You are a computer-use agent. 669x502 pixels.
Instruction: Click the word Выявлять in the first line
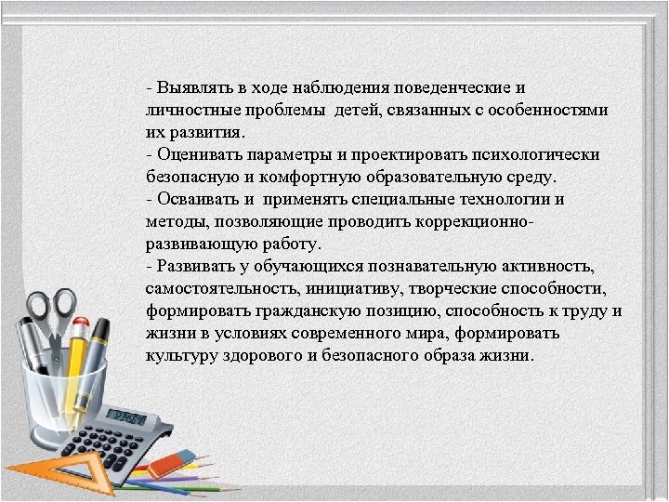point(189,89)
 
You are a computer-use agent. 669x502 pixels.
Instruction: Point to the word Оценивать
point(197,155)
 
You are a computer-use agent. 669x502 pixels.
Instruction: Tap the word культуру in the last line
point(178,356)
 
